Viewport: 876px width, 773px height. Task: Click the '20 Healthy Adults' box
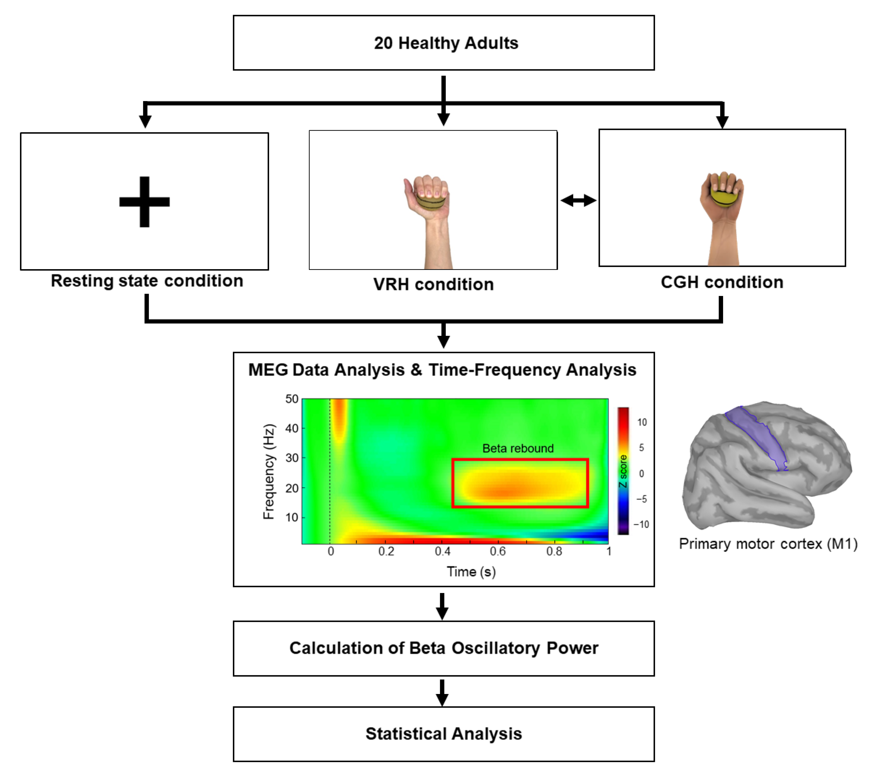pyautogui.click(x=444, y=43)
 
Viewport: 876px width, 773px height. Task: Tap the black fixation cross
pyautogui.click(x=145, y=201)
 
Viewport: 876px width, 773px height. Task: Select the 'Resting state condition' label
pyautogui.click(x=147, y=281)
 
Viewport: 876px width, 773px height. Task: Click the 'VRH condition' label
pyautogui.click(x=433, y=284)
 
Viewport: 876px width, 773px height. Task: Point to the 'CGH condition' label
pyautogui.click(x=722, y=282)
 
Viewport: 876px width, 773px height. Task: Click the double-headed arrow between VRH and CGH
pyautogui.click(x=578, y=200)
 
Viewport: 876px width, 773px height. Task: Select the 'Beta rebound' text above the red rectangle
pyautogui.click(x=518, y=449)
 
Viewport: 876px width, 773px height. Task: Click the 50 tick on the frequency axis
pyautogui.click(x=292, y=399)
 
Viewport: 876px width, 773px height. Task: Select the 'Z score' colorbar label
pyautogui.click(x=623, y=471)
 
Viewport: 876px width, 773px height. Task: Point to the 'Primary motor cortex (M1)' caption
pyautogui.click(x=768, y=544)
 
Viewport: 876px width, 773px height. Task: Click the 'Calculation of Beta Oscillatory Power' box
pyautogui.click(x=444, y=648)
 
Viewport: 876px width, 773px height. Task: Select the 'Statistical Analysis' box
pyautogui.click(x=444, y=733)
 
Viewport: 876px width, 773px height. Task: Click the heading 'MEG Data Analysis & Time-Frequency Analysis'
pyautogui.click(x=442, y=370)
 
